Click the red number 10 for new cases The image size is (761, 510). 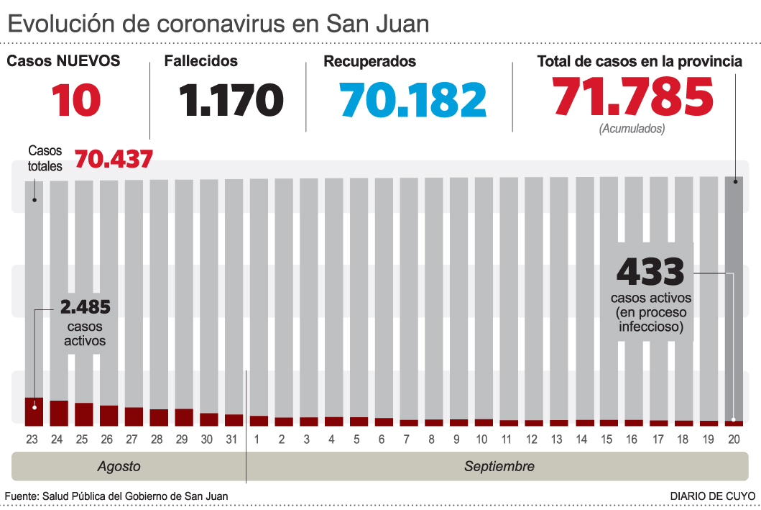75,100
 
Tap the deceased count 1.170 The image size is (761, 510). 231,100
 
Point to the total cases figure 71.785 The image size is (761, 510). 632,96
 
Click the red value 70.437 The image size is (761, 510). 113,158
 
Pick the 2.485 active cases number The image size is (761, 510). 85,308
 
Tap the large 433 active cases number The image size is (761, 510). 650,272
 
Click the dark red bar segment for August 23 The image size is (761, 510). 34,411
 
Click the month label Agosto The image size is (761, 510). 119,466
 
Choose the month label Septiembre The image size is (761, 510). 499,466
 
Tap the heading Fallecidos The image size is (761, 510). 200,62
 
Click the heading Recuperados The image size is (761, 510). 369,62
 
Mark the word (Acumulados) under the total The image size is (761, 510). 632,129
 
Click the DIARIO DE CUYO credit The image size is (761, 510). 712,496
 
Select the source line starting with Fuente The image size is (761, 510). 116,496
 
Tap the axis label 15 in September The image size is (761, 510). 608,440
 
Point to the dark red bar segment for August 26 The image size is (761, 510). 109,416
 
